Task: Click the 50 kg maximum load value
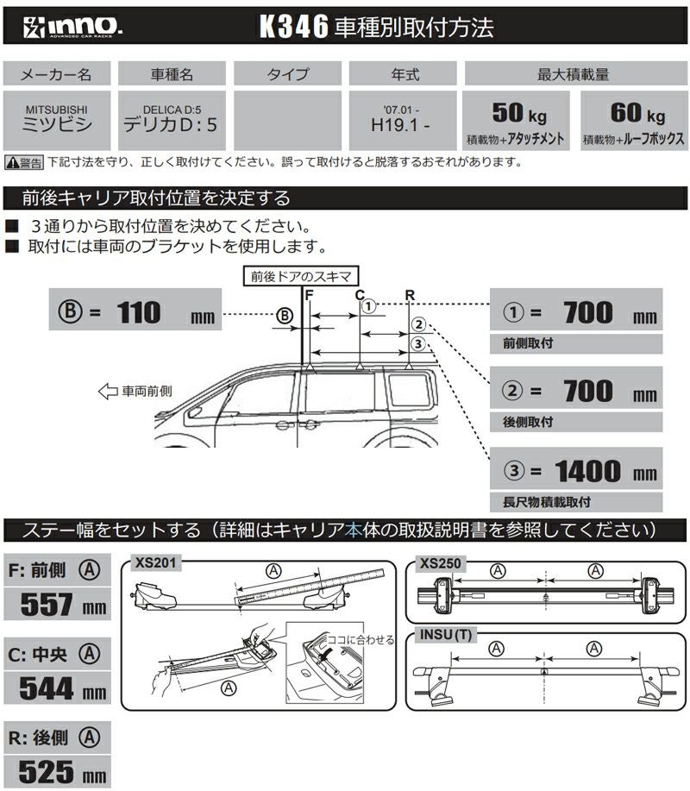[x=517, y=114]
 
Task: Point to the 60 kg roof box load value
[x=634, y=114]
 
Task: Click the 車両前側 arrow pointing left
[x=108, y=392]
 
